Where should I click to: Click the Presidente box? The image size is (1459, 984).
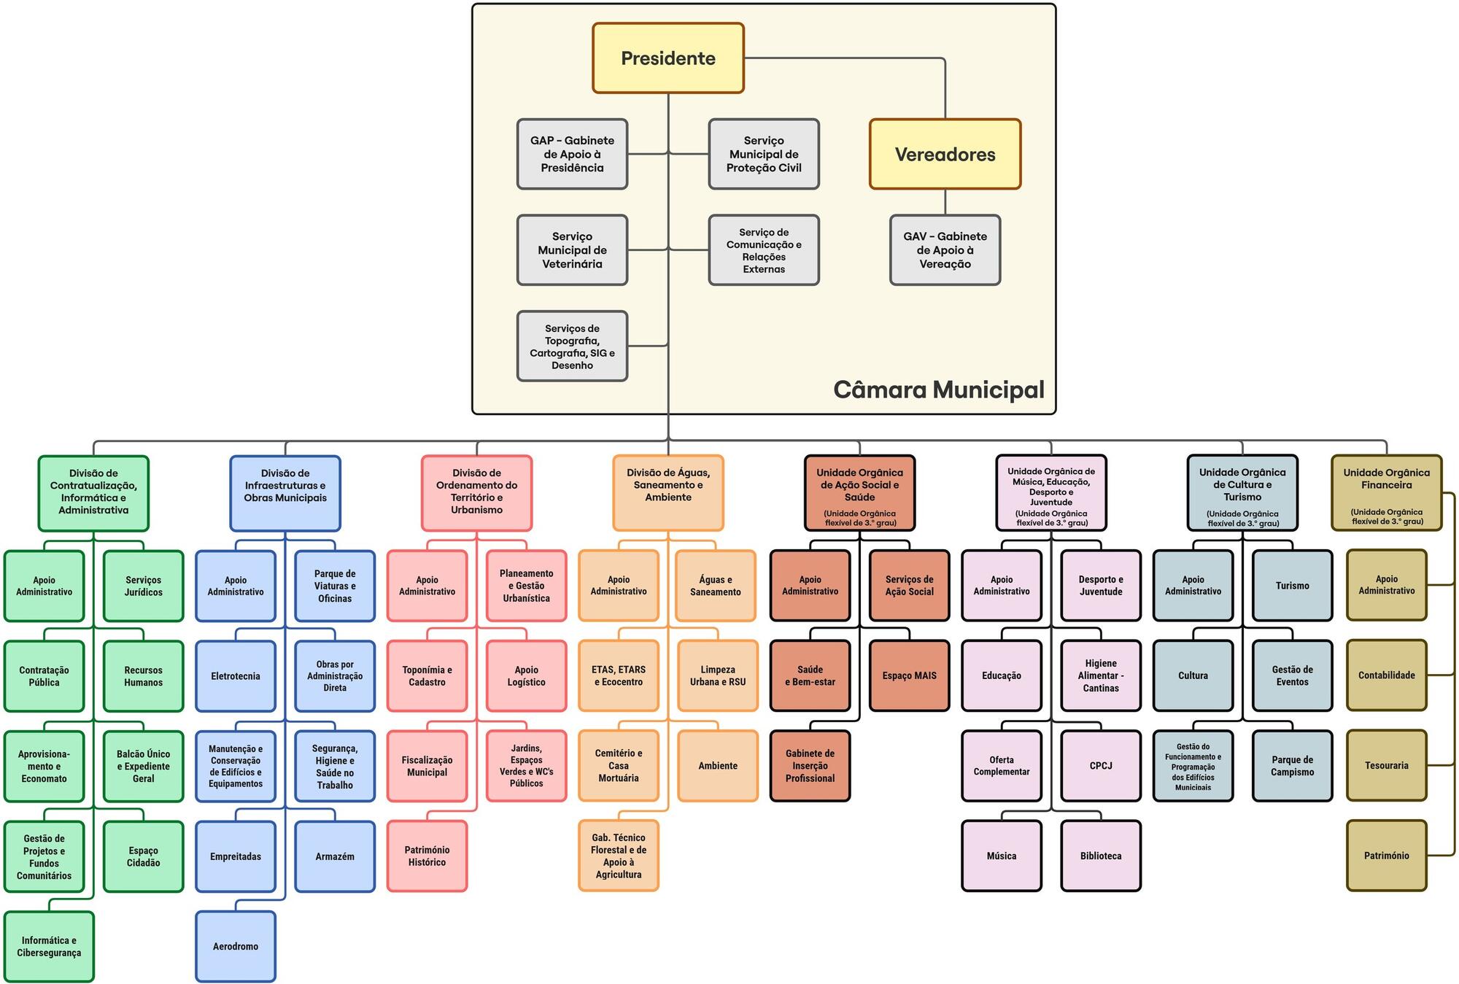click(667, 58)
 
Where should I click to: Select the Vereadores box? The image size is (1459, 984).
click(945, 154)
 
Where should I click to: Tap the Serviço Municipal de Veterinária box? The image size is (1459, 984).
click(572, 250)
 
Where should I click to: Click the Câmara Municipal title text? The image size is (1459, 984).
click(938, 390)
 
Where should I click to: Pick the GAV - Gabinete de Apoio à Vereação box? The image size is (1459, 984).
click(945, 250)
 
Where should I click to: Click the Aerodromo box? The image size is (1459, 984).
click(235, 946)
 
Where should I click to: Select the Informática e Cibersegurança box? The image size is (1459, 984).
click(49, 946)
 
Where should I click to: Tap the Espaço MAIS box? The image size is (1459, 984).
click(909, 675)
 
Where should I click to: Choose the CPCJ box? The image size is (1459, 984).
click(1100, 765)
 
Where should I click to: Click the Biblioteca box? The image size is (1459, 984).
click(1100, 856)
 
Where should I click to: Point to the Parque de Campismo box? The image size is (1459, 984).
click(1292, 765)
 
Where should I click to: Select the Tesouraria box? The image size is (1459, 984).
click(1386, 765)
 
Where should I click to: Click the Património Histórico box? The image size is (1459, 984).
click(427, 856)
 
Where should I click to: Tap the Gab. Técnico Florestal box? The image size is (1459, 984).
click(618, 856)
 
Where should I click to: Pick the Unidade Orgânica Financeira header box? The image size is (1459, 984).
click(1386, 493)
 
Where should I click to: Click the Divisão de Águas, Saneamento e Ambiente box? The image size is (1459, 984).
click(667, 493)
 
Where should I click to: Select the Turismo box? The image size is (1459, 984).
click(1292, 586)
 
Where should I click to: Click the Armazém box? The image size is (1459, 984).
click(335, 856)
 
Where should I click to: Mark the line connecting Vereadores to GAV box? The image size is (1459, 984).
click(945, 202)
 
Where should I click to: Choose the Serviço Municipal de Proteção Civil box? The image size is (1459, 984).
click(763, 154)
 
